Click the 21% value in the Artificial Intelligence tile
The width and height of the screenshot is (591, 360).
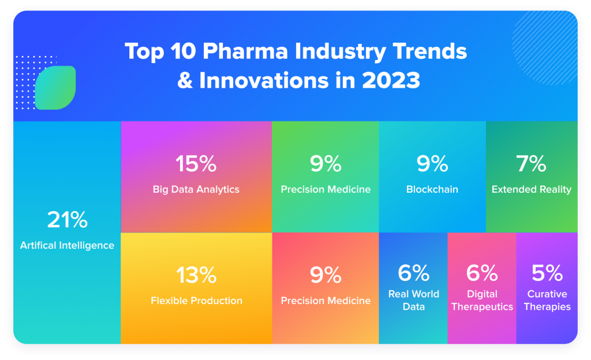[x=68, y=220]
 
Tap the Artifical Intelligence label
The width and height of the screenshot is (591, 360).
[x=67, y=245]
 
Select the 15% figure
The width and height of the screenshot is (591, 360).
[x=196, y=164]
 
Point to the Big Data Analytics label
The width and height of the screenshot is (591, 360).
[x=196, y=189]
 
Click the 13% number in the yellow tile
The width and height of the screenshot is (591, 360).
[x=196, y=275]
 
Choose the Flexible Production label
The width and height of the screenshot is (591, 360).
[x=196, y=301]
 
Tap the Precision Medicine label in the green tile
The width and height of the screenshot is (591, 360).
[x=326, y=189]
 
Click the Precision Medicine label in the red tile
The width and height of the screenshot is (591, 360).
[x=326, y=301]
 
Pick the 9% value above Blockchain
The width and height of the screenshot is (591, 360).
[x=432, y=164]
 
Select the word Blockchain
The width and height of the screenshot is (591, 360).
[x=432, y=189]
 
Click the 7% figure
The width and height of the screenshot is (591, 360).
[x=531, y=164]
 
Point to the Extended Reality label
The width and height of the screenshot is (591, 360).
[x=532, y=189]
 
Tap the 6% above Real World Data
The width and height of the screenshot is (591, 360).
[x=413, y=273]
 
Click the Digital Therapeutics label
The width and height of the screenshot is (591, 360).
[x=482, y=300]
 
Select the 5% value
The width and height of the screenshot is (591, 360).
[x=547, y=273]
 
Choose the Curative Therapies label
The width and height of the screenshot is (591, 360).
[x=547, y=300]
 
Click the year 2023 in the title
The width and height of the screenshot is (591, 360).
[x=391, y=80]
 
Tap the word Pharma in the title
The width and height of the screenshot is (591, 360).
[x=245, y=51]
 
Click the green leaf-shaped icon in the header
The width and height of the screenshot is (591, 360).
[x=55, y=88]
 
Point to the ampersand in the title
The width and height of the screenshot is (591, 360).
[x=185, y=81]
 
